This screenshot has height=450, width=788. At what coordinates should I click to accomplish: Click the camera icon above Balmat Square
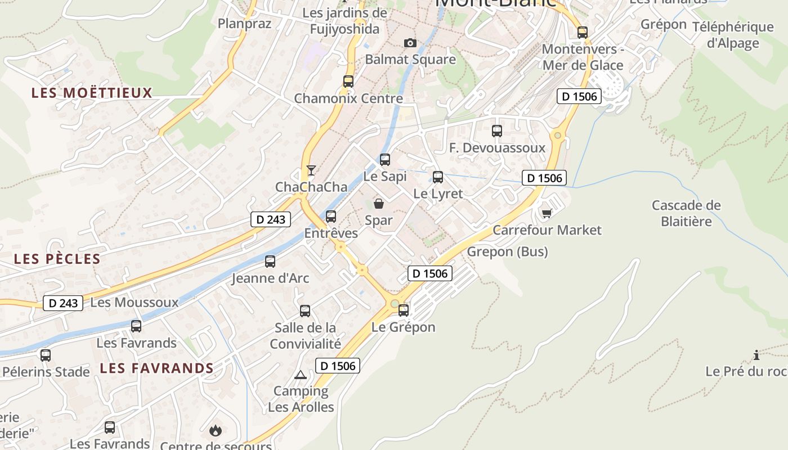coord(410,43)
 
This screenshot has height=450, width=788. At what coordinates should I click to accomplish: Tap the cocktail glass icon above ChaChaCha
coord(311,170)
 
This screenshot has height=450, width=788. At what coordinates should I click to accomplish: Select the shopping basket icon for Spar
coord(379,203)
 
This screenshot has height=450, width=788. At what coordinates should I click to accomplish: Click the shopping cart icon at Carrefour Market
coord(547,213)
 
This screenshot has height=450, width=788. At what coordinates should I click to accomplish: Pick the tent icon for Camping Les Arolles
coord(301,375)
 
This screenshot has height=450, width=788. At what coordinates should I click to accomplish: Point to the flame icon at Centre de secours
coord(215,431)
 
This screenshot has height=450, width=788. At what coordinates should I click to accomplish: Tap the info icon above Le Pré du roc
coord(756,355)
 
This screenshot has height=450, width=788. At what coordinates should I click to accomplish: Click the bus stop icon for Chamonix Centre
coord(348,82)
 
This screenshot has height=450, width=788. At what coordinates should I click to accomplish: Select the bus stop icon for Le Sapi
coord(385,160)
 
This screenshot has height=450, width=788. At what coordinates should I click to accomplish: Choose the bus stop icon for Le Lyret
coord(438,177)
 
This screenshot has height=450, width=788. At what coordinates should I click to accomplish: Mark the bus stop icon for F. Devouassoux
coord(497,131)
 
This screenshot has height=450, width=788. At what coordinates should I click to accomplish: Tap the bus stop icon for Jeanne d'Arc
coord(270,262)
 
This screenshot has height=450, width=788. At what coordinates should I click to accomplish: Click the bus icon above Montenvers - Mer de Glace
coord(583,33)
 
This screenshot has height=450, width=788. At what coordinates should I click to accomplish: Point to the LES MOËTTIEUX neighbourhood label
coord(92,93)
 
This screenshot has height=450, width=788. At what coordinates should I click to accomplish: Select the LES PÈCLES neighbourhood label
coord(57,259)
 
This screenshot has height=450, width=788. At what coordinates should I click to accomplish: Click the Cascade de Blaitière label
coord(686,213)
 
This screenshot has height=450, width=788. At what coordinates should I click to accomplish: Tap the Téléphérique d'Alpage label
coord(733,35)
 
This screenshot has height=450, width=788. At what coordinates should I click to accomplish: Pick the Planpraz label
coord(244,24)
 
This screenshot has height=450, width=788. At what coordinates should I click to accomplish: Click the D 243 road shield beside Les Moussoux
coord(63,303)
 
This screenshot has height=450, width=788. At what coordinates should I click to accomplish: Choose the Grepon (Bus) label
coord(507,251)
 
